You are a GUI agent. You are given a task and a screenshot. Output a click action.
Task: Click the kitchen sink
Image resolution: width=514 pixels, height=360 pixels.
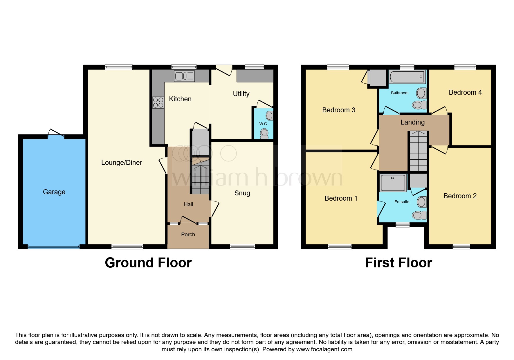pos(184,76)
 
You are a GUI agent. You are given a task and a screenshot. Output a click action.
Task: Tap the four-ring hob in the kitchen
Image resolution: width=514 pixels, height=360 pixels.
pos(158,102)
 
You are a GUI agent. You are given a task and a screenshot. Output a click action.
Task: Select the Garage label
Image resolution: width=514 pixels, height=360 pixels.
pos(54,192)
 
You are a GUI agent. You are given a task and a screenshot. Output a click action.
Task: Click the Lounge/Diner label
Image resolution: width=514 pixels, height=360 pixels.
pos(122,163)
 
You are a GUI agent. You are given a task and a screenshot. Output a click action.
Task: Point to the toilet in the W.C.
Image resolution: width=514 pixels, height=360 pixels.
pos(264,133)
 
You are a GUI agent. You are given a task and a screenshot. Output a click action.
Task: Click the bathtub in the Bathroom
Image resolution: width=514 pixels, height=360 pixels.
pos(407,77)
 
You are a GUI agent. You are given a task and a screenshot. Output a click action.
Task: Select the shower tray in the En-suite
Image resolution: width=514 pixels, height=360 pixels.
pos(393,183)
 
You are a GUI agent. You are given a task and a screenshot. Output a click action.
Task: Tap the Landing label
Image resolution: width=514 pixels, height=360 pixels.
pos(412,122)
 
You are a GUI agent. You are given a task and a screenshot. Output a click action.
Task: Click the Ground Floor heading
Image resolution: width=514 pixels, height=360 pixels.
pos(148,263)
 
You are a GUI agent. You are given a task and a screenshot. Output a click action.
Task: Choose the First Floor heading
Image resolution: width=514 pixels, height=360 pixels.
pos(398,263)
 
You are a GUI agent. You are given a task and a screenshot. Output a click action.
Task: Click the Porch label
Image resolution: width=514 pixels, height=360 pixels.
pos(188,235)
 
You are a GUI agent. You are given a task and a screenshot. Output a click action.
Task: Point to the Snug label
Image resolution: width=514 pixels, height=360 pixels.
pos(242,193)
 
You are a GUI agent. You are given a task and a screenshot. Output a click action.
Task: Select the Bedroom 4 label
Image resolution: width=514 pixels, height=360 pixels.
pos(465,92)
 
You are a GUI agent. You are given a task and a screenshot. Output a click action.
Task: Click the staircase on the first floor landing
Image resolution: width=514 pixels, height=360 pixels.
pos(418,151)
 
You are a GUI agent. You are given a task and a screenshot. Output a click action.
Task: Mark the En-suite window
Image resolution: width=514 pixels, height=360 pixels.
pos(403,224)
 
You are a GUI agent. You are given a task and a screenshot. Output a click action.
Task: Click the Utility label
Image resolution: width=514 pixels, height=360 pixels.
pos(241,94)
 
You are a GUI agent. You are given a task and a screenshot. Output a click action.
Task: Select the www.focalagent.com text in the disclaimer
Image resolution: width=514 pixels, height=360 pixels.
pos(324,349)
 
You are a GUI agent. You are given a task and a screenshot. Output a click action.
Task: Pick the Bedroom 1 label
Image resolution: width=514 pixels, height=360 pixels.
pos(341,198)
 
